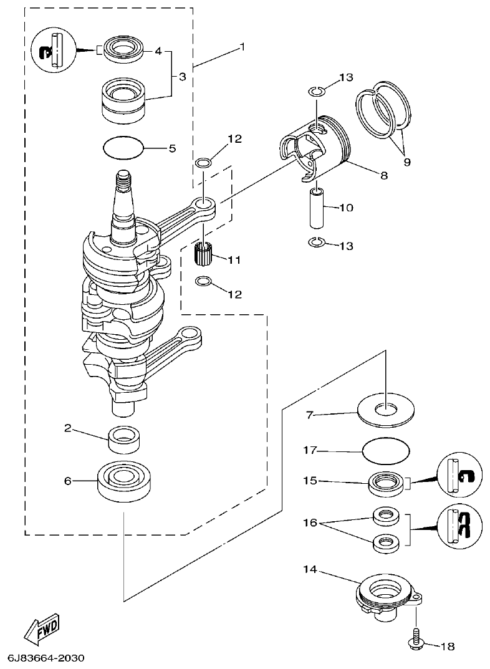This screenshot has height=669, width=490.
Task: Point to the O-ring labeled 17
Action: point(386,450)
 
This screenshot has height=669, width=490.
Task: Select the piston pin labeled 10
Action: point(316,206)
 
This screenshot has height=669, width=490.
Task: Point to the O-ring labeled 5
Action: point(123,148)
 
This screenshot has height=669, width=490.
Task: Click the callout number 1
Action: point(243,47)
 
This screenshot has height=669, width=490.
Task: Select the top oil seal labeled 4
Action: point(123,49)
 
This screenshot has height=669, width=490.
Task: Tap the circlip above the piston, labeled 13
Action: point(316,92)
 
